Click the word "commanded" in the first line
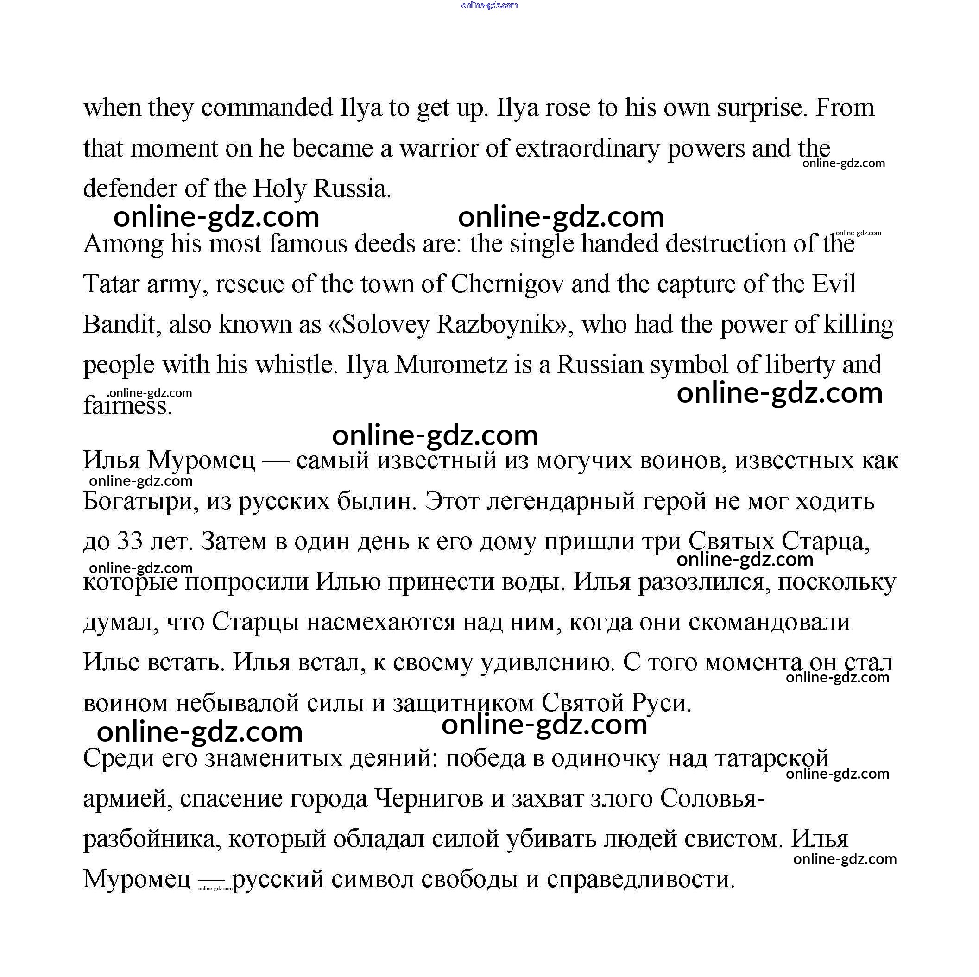[266, 108]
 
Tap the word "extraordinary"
[587, 149]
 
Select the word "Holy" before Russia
[280, 189]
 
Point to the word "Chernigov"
[507, 284]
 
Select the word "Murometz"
[451, 365]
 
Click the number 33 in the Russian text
[131, 541]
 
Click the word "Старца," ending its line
[826, 541]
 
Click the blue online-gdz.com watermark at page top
[489, 5]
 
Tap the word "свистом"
[731, 839]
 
